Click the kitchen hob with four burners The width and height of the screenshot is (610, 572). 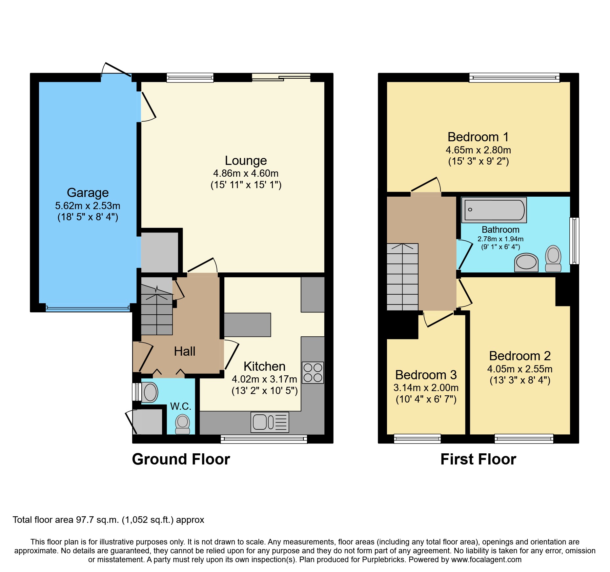(x=313, y=372)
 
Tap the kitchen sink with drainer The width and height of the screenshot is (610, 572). (x=270, y=422)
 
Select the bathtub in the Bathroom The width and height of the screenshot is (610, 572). (x=494, y=210)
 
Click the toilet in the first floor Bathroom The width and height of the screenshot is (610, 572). (x=553, y=258)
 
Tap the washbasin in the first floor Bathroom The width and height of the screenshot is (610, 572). (x=526, y=263)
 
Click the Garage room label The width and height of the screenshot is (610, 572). (x=88, y=193)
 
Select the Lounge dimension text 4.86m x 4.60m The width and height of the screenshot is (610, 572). (x=246, y=173)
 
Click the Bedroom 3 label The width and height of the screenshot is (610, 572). (x=426, y=375)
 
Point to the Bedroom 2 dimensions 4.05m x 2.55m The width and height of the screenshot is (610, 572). (x=519, y=369)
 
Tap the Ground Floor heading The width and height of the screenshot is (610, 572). (x=181, y=459)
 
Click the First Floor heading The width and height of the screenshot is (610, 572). (x=478, y=459)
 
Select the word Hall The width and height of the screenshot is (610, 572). (x=184, y=351)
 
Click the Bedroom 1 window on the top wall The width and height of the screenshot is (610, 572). (x=514, y=77)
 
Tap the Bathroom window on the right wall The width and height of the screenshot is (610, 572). (x=574, y=241)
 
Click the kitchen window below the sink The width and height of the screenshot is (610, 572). (x=264, y=439)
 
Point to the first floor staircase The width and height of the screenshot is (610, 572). (x=402, y=277)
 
